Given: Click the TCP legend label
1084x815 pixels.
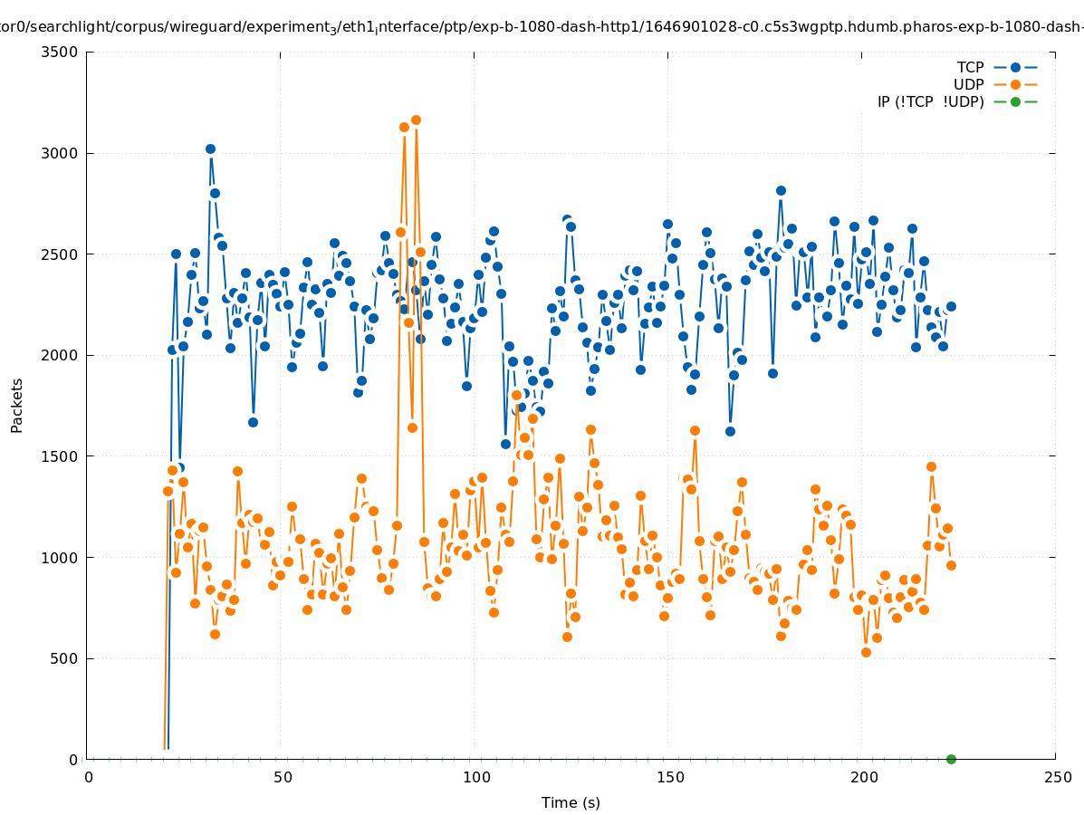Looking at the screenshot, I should pyautogui.click(x=970, y=67).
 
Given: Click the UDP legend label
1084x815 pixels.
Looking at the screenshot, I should pyautogui.click(x=968, y=84).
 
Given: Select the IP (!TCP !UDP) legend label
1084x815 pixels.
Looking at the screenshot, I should pyautogui.click(x=930, y=101).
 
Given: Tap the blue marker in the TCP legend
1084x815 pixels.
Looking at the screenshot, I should pyautogui.click(x=1015, y=67).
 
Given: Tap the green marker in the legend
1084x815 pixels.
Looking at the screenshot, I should pyautogui.click(x=1015, y=101).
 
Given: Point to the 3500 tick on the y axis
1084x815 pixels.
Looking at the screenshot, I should pyautogui.click(x=61, y=52).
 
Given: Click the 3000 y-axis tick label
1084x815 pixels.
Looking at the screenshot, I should pyautogui.click(x=61, y=153).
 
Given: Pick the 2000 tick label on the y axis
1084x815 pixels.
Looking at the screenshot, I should pyautogui.click(x=61, y=355).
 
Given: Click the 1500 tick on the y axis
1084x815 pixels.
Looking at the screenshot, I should pyautogui.click(x=61, y=456).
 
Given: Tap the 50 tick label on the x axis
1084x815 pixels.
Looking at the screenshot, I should pyautogui.click(x=283, y=777).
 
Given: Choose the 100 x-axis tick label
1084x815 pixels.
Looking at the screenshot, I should pyautogui.click(x=476, y=777).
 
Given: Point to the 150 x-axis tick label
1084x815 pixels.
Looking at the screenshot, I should pyautogui.click(x=670, y=777).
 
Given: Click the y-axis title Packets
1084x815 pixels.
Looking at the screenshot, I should pyautogui.click(x=17, y=405).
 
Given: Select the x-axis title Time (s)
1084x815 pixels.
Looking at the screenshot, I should pyautogui.click(x=571, y=802).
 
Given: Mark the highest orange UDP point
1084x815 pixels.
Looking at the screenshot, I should pyautogui.click(x=416, y=120).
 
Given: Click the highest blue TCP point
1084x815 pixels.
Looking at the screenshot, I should pyautogui.click(x=210, y=149).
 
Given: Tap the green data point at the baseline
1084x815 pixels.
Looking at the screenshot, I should pyautogui.click(x=951, y=759).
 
